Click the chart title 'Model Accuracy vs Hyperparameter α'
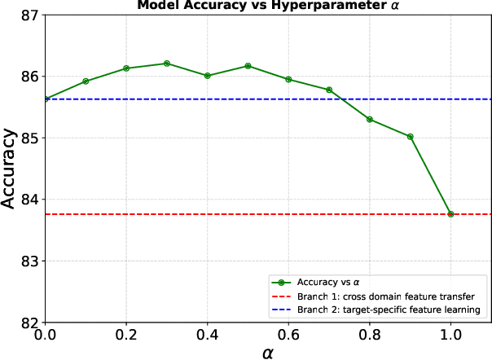pyautogui.click(x=268, y=7)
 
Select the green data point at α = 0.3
pyautogui.click(x=167, y=64)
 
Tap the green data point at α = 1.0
pyautogui.click(x=450, y=214)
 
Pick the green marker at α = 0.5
pyautogui.click(x=248, y=66)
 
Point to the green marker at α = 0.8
pyautogui.click(x=370, y=120)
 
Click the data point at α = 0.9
pyautogui.click(x=411, y=137)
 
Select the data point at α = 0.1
pyautogui.click(x=86, y=81)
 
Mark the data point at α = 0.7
pyautogui.click(x=329, y=90)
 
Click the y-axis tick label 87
pyautogui.click(x=29, y=15)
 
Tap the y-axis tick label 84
pyautogui.click(x=29, y=200)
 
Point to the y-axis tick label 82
pyautogui.click(x=29, y=323)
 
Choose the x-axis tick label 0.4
pyautogui.click(x=208, y=335)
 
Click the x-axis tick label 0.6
pyautogui.click(x=288, y=335)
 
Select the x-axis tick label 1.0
pyautogui.click(x=450, y=335)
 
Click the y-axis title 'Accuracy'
pyautogui.click(x=10, y=169)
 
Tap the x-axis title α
pyautogui.click(x=268, y=352)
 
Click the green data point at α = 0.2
pyautogui.click(x=126, y=68)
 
